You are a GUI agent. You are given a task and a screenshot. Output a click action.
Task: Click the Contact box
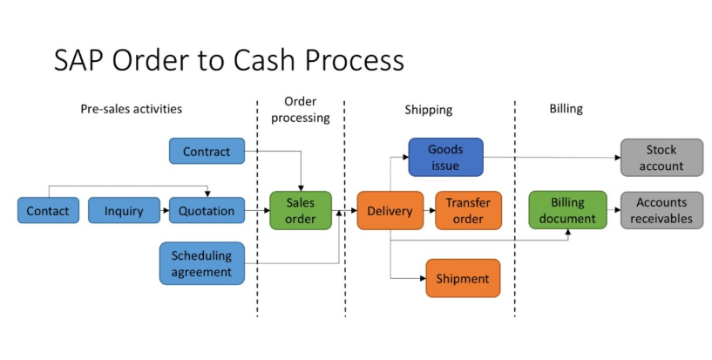coord(48,210)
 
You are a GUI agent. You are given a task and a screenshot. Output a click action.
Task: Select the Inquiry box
coord(124,210)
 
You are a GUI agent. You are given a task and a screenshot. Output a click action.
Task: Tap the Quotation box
coord(207,210)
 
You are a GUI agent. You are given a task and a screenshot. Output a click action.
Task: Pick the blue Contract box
coord(207,151)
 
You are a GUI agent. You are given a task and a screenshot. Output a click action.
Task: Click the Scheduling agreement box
coord(202,263)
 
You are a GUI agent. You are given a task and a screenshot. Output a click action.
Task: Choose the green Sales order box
coord(301,210)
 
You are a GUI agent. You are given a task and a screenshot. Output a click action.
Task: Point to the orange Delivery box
coord(390,210)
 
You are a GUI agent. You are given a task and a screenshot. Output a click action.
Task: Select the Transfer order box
coord(468,210)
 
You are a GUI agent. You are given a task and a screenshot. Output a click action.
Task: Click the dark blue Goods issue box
coord(446,157)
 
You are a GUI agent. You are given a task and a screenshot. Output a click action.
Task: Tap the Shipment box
coord(463,278)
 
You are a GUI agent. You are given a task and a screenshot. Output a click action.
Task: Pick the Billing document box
coord(567,210)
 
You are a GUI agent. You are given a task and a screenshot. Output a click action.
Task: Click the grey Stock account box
coord(661,158)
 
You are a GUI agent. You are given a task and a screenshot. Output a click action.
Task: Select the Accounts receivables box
coord(661,210)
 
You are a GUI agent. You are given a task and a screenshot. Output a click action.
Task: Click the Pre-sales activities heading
coord(132,109)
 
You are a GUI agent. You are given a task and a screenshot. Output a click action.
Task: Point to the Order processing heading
coord(300,110)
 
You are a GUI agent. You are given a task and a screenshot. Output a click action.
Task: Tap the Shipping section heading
coord(428,110)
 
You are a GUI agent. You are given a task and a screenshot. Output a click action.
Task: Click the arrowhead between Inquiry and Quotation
coord(166,211)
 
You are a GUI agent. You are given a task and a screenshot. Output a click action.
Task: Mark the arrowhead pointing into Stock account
coord(618,158)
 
